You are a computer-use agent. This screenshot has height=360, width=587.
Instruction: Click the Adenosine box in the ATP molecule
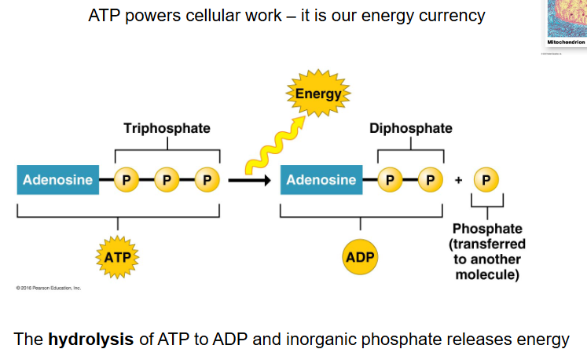point(54,180)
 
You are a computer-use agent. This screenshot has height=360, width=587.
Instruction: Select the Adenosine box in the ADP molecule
point(321,180)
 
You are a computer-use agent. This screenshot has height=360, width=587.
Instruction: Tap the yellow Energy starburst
point(317,95)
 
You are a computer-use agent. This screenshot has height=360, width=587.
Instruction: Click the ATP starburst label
point(118,256)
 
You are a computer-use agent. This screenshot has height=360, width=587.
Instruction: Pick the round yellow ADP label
point(361,256)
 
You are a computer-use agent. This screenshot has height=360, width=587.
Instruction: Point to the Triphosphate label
point(167,128)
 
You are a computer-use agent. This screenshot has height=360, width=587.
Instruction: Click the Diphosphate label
point(410,128)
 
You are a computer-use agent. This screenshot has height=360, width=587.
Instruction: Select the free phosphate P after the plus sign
point(486,180)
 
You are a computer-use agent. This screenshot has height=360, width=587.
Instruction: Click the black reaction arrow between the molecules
point(250,180)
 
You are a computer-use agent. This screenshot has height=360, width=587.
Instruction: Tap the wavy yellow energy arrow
point(267,145)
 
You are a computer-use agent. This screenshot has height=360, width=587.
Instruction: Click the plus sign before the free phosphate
point(458,180)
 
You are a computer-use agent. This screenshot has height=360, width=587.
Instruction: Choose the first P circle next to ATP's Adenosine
point(126,180)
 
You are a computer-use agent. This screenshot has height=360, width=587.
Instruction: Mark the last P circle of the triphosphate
point(207,180)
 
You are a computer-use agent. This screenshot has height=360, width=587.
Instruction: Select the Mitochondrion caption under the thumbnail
point(566,42)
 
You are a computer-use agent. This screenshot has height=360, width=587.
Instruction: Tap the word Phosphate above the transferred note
point(487,229)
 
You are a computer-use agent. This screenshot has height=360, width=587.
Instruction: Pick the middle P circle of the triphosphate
point(166,180)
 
